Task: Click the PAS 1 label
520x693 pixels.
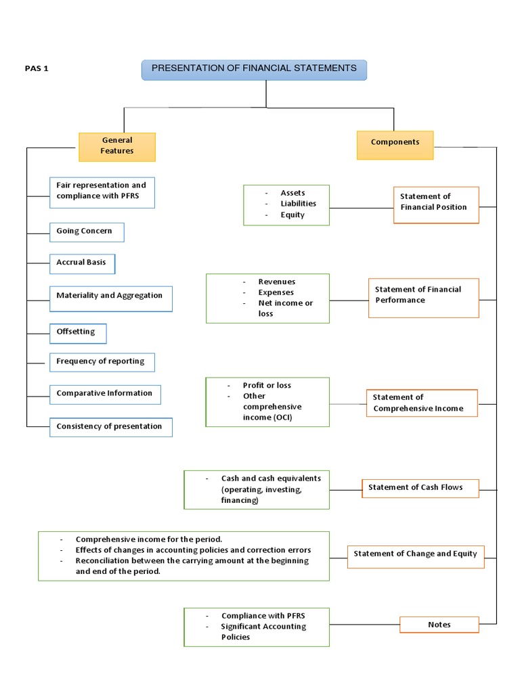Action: (x=37, y=69)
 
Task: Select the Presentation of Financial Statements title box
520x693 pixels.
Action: (x=254, y=70)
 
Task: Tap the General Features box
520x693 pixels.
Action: (x=117, y=146)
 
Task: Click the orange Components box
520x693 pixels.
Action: (x=395, y=145)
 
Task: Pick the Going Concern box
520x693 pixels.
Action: (x=87, y=231)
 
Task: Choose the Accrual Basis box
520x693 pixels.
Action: (x=82, y=263)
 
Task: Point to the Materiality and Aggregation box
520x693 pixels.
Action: (x=110, y=296)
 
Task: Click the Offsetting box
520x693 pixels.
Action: (x=77, y=332)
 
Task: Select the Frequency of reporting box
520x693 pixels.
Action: (x=102, y=361)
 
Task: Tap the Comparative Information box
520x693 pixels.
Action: (x=105, y=393)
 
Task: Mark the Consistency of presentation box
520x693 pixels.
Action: (x=110, y=426)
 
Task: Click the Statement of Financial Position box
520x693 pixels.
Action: (x=435, y=204)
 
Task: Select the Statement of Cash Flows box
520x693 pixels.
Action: (x=420, y=488)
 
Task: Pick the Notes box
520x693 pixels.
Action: (x=439, y=625)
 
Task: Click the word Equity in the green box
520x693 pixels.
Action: (x=292, y=215)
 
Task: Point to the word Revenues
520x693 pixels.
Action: (x=276, y=282)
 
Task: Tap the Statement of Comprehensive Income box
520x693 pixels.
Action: (x=421, y=403)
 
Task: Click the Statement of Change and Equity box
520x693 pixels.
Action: (x=415, y=554)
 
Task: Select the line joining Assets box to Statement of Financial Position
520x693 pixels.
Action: (x=361, y=207)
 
